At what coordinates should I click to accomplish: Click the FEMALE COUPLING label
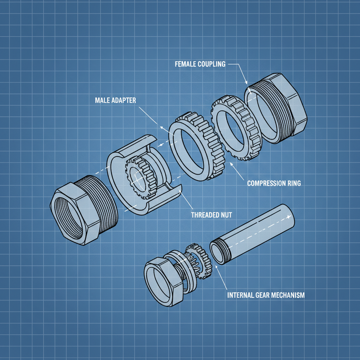[200, 64]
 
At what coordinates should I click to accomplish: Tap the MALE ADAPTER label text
[115, 100]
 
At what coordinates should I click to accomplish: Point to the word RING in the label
[294, 184]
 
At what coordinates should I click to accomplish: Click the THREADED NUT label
[211, 215]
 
